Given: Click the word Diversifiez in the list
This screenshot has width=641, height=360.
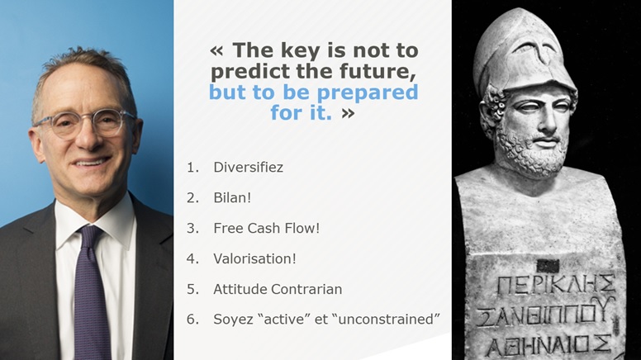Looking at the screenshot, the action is [248, 167].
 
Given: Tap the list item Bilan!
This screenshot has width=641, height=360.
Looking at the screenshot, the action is [232, 198].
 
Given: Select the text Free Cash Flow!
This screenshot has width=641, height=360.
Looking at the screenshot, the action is [266, 228].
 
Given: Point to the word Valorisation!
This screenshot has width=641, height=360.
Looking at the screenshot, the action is [254, 258].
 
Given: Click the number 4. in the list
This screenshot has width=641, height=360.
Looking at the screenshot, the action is [192, 258].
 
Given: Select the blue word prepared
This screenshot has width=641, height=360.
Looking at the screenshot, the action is [368, 92].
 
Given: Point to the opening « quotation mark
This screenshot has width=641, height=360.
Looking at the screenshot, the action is [216, 51].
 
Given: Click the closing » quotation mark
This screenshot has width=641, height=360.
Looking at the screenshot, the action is [348, 113].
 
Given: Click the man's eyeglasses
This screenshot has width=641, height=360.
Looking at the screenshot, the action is [85, 123].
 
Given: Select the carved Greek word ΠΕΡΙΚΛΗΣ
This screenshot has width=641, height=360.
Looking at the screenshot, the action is [556, 284].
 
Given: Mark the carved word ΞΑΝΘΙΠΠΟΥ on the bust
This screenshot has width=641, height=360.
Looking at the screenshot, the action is [547, 314].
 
